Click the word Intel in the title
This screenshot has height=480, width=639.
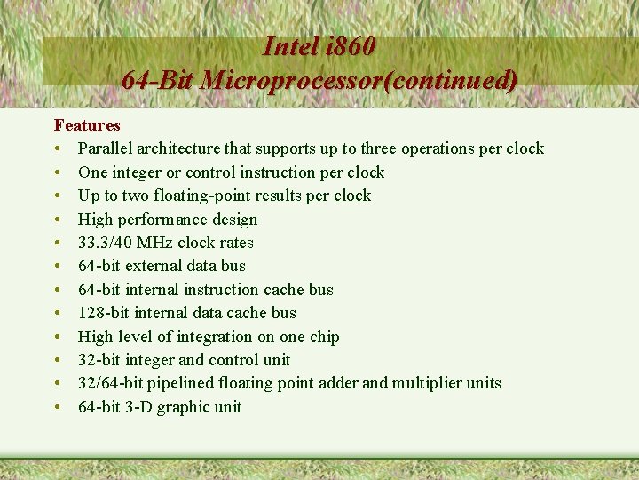pyautogui.click(x=292, y=46)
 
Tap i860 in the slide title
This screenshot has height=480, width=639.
pyautogui.click(x=351, y=46)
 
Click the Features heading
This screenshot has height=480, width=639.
pyautogui.click(x=87, y=125)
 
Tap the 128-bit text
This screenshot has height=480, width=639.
pyautogui.click(x=99, y=313)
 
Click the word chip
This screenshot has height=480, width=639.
pyautogui.click(x=323, y=337)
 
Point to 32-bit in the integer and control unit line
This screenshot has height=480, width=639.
pyautogui.click(x=99, y=360)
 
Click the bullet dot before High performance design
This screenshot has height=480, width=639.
pyautogui.click(x=57, y=220)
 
